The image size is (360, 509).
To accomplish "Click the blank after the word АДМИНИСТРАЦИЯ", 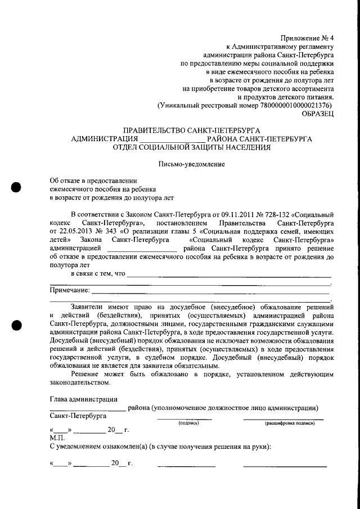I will coord(173,139).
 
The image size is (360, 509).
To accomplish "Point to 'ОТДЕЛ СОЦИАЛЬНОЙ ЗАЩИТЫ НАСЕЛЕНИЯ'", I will coord(191,148).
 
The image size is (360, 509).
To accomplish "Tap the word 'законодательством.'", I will coord(79,382).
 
